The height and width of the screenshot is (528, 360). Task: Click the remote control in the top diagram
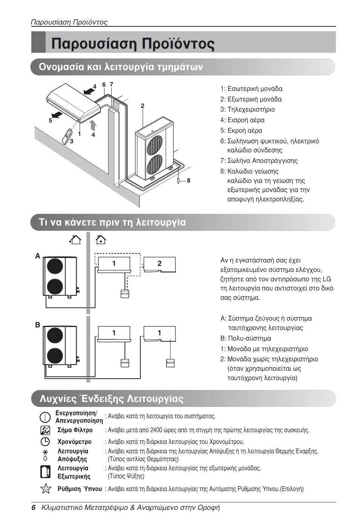tap(68, 136)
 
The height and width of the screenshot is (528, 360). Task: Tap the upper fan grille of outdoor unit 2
tap(154, 145)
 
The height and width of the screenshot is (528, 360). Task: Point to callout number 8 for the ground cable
tap(188, 181)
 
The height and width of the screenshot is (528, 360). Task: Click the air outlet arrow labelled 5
tap(57, 114)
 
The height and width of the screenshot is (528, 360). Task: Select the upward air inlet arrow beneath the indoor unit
tap(93, 125)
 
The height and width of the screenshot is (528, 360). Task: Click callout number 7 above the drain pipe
tap(111, 84)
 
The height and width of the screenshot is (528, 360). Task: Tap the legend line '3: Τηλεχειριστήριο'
tap(248, 109)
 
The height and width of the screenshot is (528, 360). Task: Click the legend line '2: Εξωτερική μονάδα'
tap(251, 99)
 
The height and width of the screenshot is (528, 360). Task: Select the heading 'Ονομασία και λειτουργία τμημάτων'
tap(121, 67)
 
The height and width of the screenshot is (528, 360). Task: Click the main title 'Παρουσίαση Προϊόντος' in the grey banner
tap(133, 44)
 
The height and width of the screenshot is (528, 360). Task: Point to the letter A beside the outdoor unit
tap(38, 256)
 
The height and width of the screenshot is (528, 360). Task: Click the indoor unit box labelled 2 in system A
tap(160, 264)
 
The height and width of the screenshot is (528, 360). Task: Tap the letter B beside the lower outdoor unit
tap(38, 325)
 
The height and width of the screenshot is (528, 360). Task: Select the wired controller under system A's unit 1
tap(125, 293)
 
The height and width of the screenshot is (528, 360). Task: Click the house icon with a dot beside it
tap(75, 239)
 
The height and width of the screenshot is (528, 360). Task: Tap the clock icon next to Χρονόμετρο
tap(45, 441)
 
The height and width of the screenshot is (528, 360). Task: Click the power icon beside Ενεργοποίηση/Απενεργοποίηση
tap(45, 417)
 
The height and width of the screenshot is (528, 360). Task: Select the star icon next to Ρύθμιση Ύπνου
tap(45, 488)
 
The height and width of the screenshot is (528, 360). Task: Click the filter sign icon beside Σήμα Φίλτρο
tap(45, 430)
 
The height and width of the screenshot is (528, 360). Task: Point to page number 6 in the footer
tap(34, 508)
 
